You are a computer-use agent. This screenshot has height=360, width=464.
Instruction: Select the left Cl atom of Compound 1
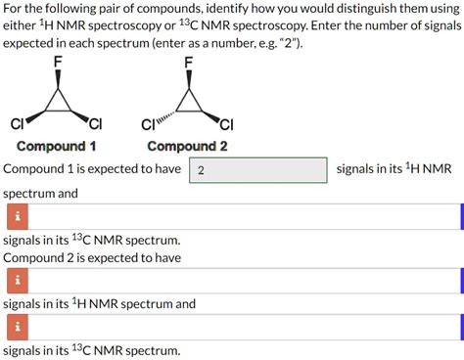(x=17, y=123)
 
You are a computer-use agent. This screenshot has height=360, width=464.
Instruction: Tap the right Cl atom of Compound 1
(x=95, y=123)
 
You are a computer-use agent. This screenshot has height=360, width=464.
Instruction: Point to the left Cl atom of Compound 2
(x=148, y=124)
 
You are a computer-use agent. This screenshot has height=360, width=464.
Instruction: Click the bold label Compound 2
(x=187, y=146)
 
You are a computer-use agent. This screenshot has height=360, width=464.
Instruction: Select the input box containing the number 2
(x=257, y=170)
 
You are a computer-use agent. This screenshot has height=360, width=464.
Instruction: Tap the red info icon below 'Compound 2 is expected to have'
(x=16, y=281)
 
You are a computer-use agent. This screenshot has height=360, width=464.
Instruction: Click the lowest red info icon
(x=16, y=326)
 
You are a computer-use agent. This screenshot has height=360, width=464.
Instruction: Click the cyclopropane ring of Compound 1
(x=58, y=101)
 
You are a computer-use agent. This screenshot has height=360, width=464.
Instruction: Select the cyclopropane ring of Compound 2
(x=188, y=101)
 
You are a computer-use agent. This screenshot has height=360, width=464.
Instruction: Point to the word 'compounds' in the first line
(x=194, y=11)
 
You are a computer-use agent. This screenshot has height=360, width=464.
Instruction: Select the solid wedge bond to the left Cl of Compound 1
(x=33, y=118)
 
